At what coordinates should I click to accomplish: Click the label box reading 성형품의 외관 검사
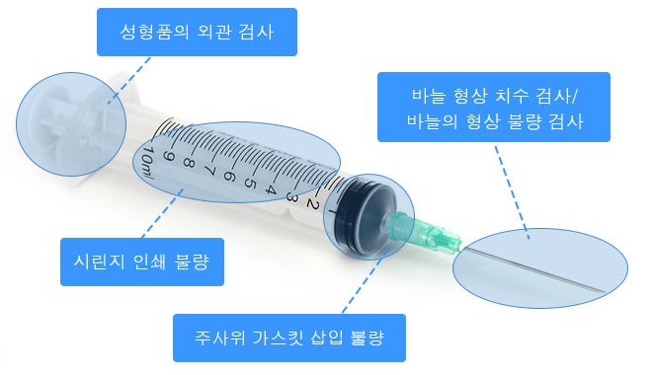pos(197,32)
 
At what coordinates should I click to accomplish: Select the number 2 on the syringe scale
pos(311,204)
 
